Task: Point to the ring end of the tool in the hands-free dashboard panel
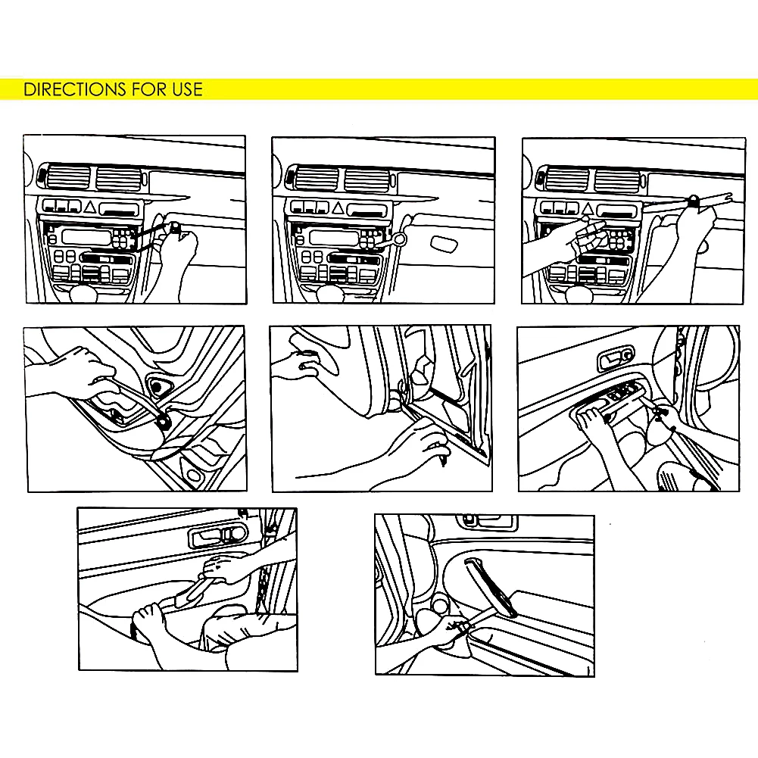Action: click(x=400, y=239)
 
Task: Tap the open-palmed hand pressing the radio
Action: click(x=576, y=239)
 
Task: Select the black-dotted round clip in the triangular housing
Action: click(x=158, y=387)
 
